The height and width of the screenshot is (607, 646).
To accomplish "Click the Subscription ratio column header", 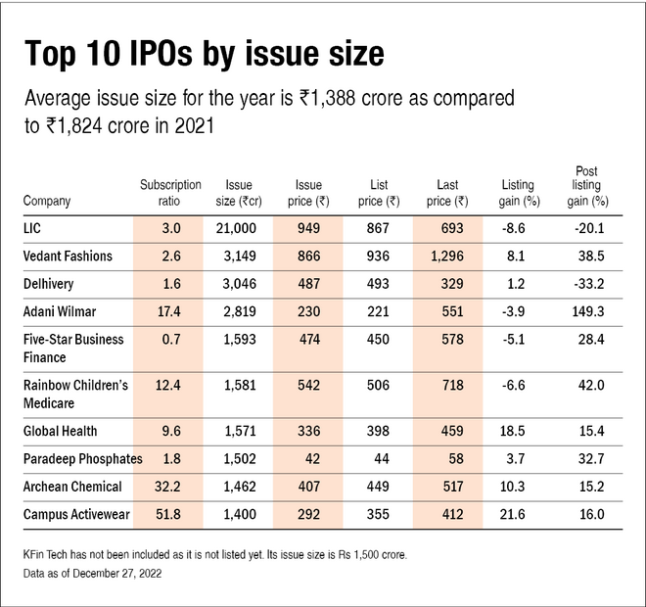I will pos(170,192).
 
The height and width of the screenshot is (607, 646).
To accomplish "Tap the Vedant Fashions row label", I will pos(68,256).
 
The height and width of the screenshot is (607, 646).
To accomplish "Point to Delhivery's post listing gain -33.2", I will pos(587,283).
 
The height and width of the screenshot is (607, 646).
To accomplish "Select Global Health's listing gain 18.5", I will pos(518,432).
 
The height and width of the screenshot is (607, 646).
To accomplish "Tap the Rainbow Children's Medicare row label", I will pos(75,394).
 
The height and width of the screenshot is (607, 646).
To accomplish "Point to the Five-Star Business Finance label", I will pos(74,348).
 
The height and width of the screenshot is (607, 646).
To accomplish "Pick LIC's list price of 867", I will pos(379,228).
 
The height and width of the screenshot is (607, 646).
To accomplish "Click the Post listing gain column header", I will pos(587,185).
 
